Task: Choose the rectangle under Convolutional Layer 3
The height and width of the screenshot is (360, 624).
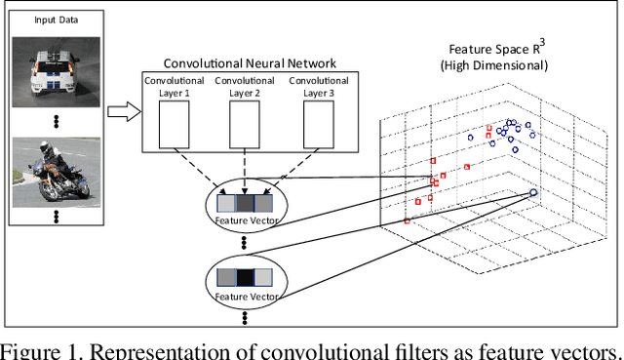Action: pos(317,122)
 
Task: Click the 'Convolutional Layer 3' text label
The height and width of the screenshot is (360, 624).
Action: pos(318,87)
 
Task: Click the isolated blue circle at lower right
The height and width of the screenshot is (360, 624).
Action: pos(532,193)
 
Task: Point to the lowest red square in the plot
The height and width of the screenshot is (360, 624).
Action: pos(407,222)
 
